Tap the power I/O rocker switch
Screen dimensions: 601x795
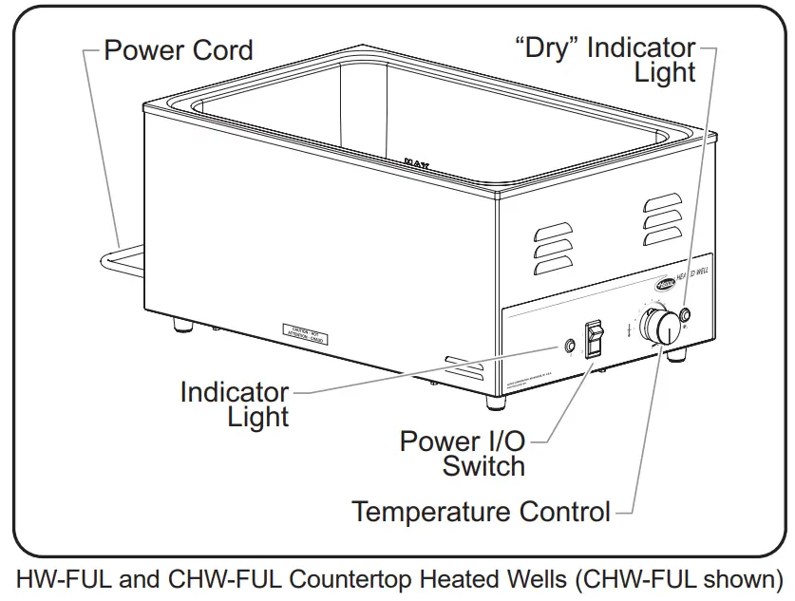(595, 339)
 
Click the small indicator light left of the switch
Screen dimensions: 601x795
(570, 347)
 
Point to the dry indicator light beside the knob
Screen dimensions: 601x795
(685, 315)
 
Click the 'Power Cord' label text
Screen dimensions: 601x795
(179, 49)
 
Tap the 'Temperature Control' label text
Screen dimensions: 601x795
(481, 512)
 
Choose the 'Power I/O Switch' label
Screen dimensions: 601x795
(463, 454)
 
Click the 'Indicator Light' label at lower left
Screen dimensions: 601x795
(235, 404)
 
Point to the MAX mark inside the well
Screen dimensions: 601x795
(416, 162)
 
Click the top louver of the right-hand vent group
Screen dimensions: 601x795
(661, 202)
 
